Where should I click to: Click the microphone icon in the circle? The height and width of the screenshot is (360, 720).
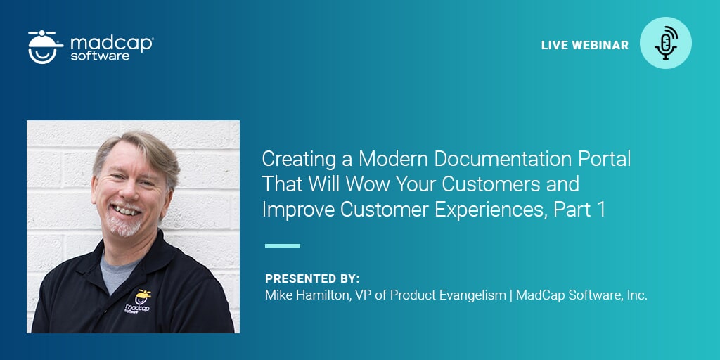pyautogui.click(x=666, y=43)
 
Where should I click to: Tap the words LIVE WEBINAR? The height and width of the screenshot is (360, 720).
pyautogui.click(x=584, y=45)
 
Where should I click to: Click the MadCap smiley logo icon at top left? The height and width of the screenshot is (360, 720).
pyautogui.click(x=46, y=46)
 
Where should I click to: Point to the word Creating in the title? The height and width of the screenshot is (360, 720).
pyautogui.click(x=292, y=159)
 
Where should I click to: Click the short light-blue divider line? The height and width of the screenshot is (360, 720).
pyautogui.click(x=282, y=245)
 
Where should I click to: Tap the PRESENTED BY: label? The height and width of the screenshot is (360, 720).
pyautogui.click(x=312, y=278)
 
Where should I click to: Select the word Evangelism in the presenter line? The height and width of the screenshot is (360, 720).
pyautogui.click(x=473, y=295)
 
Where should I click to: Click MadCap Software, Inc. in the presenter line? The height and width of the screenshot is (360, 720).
pyautogui.click(x=581, y=295)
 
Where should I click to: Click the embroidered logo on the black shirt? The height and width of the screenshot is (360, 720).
pyautogui.click(x=138, y=302)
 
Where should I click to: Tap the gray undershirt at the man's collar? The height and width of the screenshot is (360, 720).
pyautogui.click(x=113, y=270)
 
